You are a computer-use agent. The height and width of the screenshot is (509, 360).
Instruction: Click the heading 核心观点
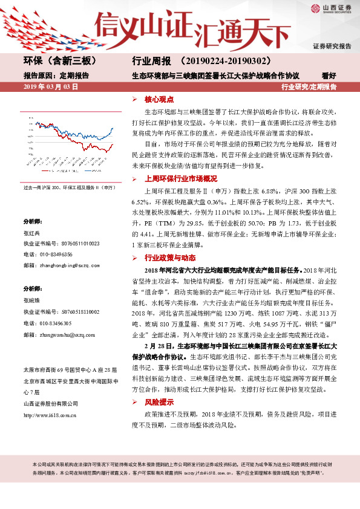pos(158,99)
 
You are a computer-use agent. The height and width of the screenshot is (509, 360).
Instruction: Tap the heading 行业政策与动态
pos(165,258)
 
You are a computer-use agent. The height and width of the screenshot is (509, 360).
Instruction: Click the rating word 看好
pos(329,76)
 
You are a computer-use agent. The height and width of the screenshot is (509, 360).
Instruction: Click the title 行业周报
pos(149,61)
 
